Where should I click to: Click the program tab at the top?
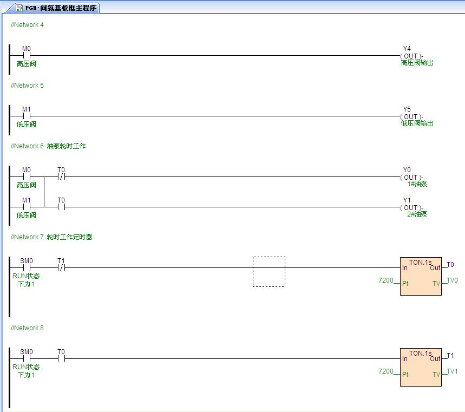click(x=57, y=8)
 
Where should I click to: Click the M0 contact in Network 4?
click(x=26, y=55)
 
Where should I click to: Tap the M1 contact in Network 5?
click(x=26, y=116)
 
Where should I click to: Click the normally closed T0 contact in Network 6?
click(x=61, y=176)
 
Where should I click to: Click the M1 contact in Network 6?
click(x=26, y=207)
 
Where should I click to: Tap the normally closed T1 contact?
click(x=61, y=267)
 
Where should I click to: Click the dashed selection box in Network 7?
click(x=268, y=272)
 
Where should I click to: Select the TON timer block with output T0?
click(x=421, y=276)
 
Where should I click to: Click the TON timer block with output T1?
click(x=421, y=367)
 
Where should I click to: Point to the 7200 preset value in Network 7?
click(x=386, y=280)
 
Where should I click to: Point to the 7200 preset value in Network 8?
click(x=386, y=371)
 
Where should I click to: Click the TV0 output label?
click(x=452, y=280)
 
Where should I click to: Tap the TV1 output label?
click(x=452, y=371)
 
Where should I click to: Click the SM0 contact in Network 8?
click(x=26, y=358)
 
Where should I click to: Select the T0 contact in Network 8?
click(x=61, y=358)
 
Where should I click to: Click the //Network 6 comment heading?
click(x=48, y=146)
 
